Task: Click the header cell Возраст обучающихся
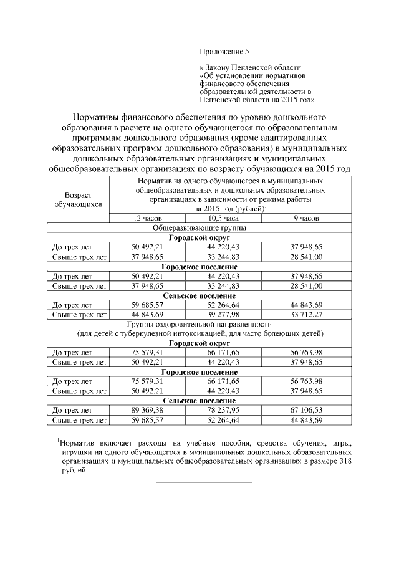coord(79,199)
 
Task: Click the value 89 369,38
coord(147,411)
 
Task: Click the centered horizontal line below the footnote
coord(204,482)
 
